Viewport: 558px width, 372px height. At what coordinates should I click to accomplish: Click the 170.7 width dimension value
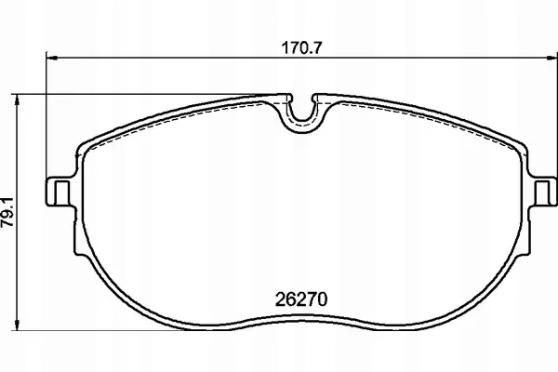tap(301, 47)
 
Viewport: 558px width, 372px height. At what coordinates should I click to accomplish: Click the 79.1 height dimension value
tap(7, 212)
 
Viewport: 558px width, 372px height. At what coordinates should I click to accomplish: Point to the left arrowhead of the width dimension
tap(52, 58)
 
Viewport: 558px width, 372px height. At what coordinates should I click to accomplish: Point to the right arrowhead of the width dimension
tap(551, 58)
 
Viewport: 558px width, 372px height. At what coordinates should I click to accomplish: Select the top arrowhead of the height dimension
tap(17, 100)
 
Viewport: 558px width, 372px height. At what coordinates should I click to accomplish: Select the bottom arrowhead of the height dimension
tap(17, 325)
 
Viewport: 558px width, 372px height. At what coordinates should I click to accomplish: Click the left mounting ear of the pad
tap(60, 192)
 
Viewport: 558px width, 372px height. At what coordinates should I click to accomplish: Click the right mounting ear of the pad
tap(543, 192)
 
